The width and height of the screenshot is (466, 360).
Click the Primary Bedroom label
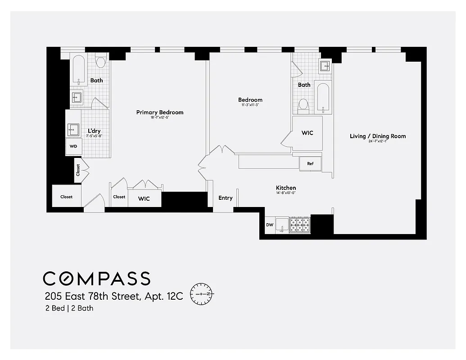point(160,112)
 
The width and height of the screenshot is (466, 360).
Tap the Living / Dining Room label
point(377,136)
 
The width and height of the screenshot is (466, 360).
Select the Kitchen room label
point(286,188)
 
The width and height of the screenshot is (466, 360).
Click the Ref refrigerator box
point(310,164)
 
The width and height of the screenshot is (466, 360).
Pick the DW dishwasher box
point(270,225)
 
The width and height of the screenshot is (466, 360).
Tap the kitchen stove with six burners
point(300,225)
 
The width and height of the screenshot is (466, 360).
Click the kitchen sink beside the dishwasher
point(282,224)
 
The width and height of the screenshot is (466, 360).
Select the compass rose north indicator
point(203,294)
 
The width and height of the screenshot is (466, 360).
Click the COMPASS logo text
point(96,279)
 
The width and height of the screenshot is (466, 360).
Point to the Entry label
point(226,198)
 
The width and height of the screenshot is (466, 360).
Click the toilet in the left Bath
point(100,62)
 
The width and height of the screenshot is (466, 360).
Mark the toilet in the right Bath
point(303,104)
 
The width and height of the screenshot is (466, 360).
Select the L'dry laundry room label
point(95,131)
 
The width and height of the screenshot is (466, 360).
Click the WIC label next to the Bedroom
point(307,133)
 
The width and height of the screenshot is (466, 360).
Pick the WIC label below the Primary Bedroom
point(144,198)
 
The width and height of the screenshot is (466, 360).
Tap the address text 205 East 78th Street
point(113,297)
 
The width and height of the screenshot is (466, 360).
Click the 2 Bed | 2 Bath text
point(69,308)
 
